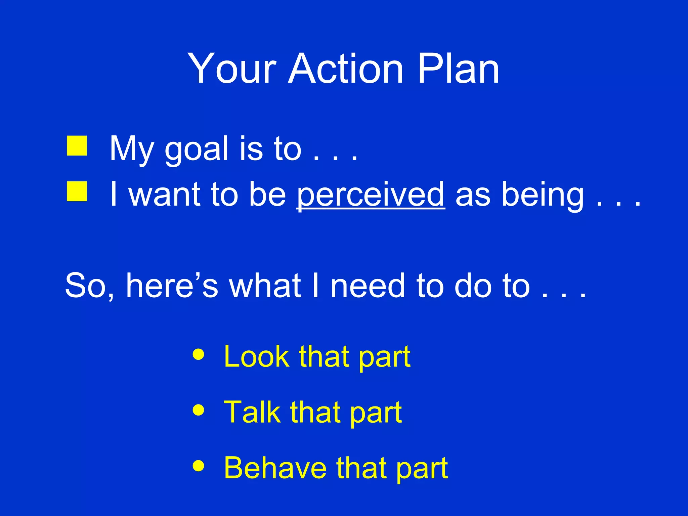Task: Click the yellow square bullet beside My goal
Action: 77,146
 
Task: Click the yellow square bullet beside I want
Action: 77,191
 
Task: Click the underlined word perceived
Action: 371,195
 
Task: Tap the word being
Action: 543,195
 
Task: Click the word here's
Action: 172,286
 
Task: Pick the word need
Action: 368,286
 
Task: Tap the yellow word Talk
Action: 252,412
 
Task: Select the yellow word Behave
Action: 275,468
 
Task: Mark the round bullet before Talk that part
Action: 199,410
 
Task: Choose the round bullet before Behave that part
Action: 199,466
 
